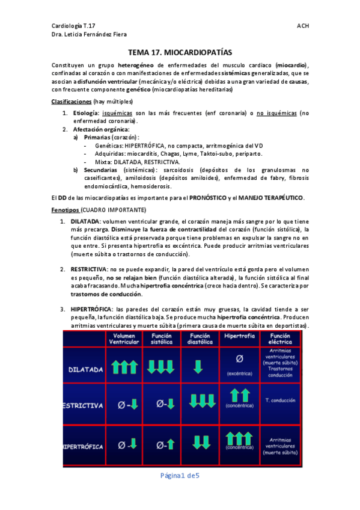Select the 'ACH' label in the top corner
(x=303, y=26)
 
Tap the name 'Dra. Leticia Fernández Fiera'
(x=90, y=35)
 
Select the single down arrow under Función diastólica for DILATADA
(x=199, y=366)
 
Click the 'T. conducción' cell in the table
(x=280, y=400)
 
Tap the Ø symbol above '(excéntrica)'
(x=239, y=360)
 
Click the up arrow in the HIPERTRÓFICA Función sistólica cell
(x=170, y=445)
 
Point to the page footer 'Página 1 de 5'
(x=179, y=476)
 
